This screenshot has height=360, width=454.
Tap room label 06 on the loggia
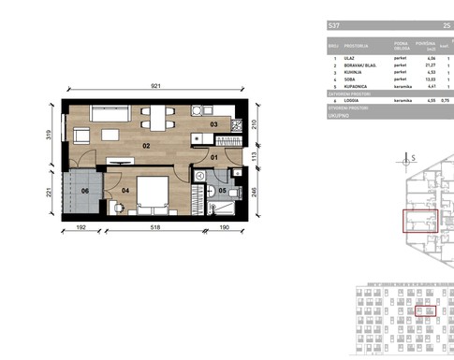coord(84,191)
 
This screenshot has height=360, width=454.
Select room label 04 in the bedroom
coord(124,191)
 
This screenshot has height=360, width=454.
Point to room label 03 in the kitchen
coord(212,124)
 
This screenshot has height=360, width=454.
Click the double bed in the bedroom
coord(151,196)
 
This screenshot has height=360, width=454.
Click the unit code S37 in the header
coord(333,25)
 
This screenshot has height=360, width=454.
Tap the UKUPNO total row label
coord(338,114)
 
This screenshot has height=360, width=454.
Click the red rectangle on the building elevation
coord(425,311)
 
